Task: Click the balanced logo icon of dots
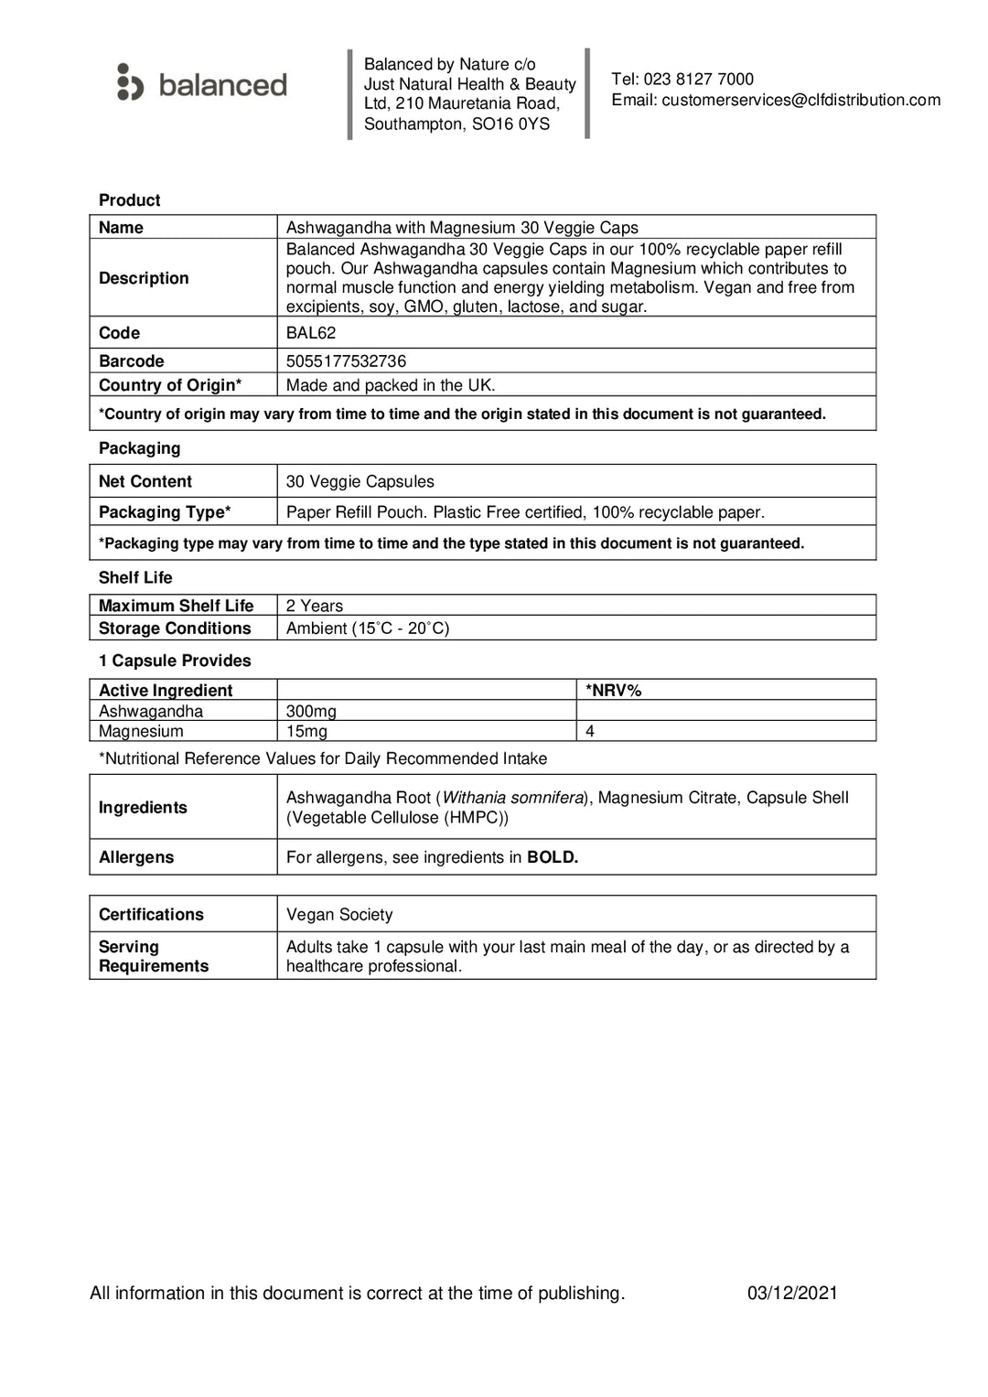tap(130, 82)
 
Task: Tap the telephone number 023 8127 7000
tap(698, 80)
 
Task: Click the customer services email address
tap(800, 100)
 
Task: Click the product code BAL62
tap(311, 333)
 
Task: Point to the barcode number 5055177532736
tap(346, 361)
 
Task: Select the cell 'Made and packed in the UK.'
tap(391, 385)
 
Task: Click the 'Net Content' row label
tap(145, 481)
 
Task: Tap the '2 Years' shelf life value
tap(315, 606)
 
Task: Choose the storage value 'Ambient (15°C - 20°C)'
tap(368, 629)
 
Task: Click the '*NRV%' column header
tap(614, 691)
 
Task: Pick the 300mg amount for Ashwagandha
tap(311, 711)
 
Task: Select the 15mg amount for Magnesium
tap(306, 731)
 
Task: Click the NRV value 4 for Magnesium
tap(590, 731)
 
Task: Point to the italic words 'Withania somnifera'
tap(513, 798)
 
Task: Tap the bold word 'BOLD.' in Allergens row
tap(553, 857)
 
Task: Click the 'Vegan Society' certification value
tap(339, 914)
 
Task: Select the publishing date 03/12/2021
tap(792, 1293)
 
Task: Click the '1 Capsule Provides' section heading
tap(175, 661)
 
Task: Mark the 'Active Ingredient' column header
tap(166, 691)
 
